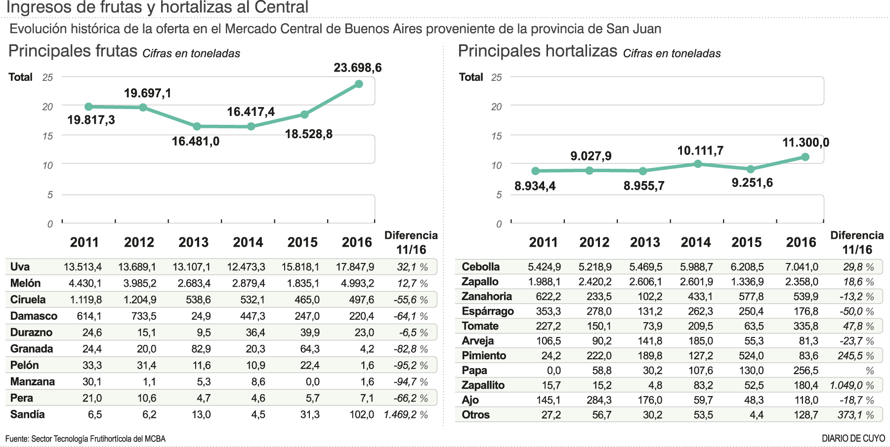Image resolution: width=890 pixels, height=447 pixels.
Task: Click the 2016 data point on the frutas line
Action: click(x=359, y=84)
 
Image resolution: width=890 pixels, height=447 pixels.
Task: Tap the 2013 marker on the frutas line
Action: click(x=197, y=126)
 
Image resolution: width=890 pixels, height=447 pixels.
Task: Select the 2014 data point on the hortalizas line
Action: click(x=698, y=164)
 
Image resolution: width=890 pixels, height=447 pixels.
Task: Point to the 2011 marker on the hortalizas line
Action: click(x=535, y=171)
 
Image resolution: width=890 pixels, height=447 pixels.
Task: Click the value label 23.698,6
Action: click(x=357, y=68)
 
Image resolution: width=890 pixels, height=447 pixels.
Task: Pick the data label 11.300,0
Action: click(x=805, y=143)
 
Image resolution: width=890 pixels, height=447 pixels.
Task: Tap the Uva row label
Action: click(x=20, y=267)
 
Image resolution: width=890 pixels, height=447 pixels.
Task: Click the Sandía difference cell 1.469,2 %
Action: click(x=406, y=414)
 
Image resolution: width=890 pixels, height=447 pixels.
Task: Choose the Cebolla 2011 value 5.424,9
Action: click(x=544, y=267)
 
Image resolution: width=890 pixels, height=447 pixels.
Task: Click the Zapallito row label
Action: click(x=483, y=385)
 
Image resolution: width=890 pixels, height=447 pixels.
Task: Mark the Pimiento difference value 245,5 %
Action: click(x=855, y=356)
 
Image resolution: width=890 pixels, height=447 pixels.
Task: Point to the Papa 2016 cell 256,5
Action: click(x=805, y=371)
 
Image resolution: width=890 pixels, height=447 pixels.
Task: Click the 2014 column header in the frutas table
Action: click(x=248, y=242)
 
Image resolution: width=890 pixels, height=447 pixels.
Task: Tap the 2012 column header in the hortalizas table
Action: click(x=594, y=242)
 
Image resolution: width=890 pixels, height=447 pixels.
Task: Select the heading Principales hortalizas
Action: click(x=537, y=51)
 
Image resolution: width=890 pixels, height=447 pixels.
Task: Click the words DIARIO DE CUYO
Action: click(x=853, y=438)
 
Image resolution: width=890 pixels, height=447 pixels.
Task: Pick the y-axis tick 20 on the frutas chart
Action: click(x=47, y=107)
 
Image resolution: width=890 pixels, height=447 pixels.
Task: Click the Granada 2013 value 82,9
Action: click(x=201, y=349)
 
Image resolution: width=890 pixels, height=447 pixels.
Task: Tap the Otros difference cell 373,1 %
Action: click(x=855, y=415)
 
